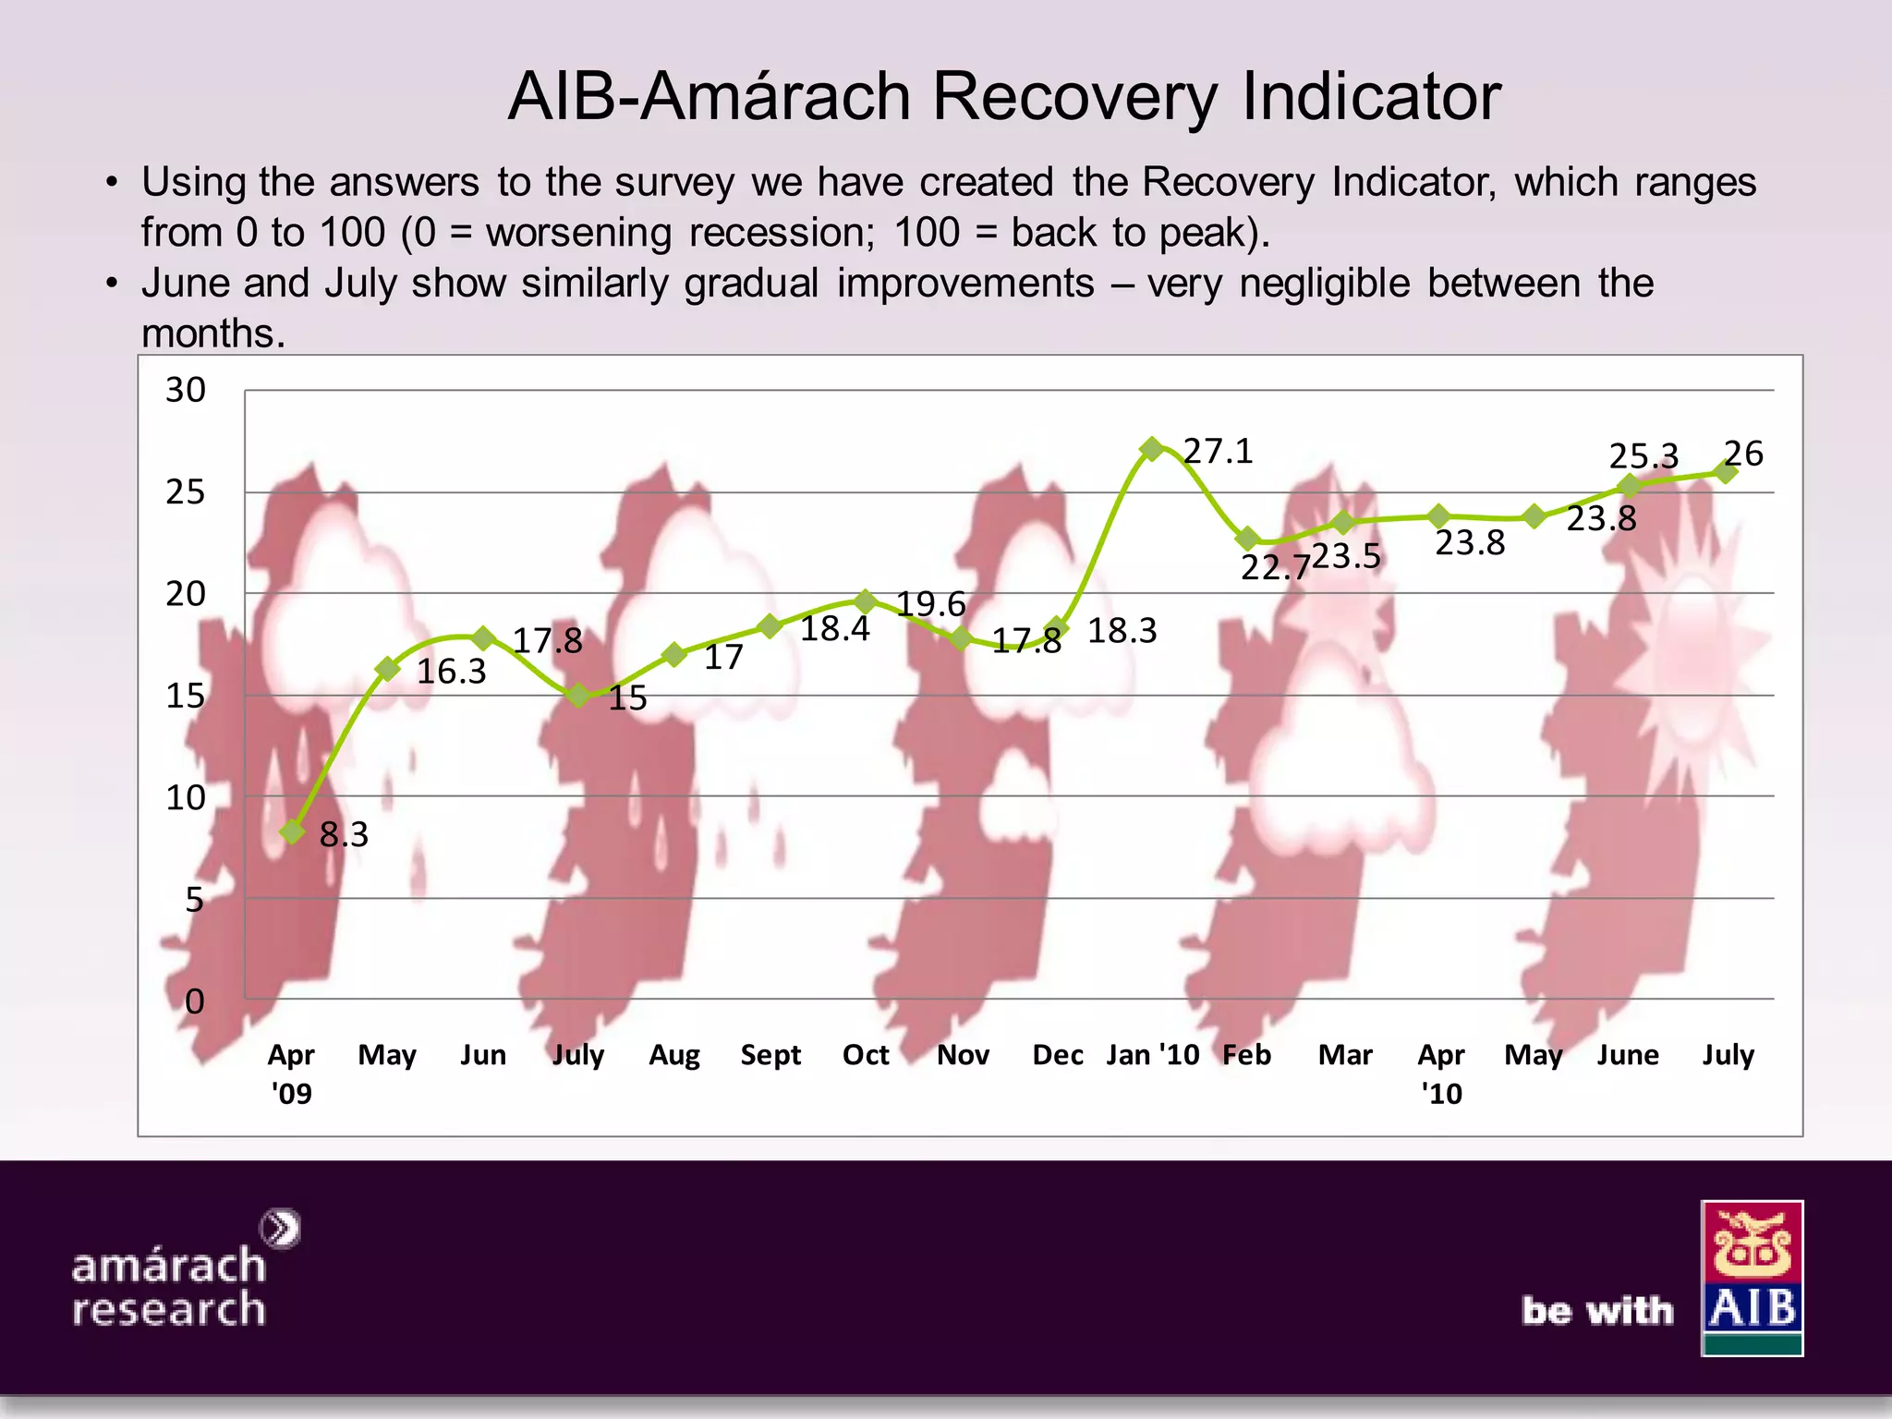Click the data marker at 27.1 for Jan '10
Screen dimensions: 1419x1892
[1151, 450]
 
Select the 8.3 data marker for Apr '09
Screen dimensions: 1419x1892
[293, 831]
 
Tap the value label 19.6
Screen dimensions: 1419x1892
[930, 604]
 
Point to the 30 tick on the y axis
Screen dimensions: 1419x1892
[185, 390]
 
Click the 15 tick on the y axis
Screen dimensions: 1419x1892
[185, 696]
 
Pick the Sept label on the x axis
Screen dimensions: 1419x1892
[770, 1055]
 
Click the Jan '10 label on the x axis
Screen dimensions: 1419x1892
[1152, 1055]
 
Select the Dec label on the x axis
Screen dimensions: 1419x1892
[1058, 1055]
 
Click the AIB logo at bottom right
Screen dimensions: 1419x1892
[1752, 1278]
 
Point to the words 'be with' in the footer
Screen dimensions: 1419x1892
[1597, 1310]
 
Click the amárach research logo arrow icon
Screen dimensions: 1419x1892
[280, 1229]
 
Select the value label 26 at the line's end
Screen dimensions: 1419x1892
[1744, 453]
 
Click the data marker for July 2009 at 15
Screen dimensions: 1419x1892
[578, 695]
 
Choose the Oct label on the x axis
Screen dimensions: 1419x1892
[866, 1055]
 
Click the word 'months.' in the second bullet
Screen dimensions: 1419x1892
[213, 334]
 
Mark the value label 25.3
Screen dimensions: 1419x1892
[1643, 456]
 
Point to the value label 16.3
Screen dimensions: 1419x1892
[451, 672]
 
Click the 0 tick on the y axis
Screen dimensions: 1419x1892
[194, 1001]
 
